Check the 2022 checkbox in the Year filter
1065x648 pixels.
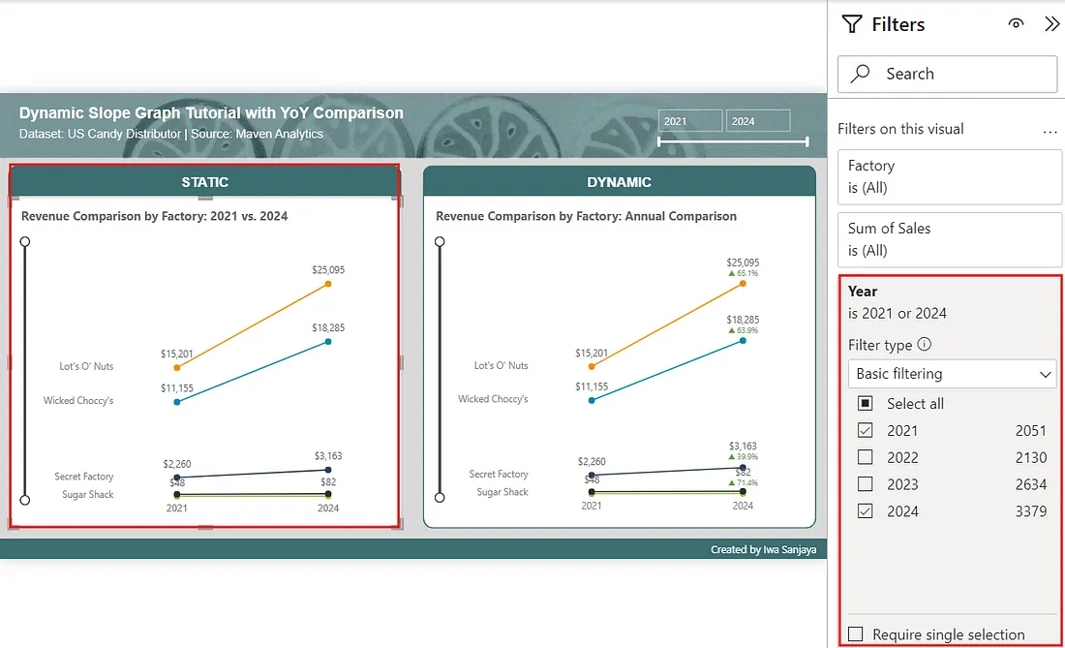(x=866, y=457)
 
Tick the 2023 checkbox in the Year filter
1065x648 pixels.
(x=866, y=484)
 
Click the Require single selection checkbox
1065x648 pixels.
(x=856, y=634)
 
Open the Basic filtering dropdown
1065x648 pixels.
(x=950, y=374)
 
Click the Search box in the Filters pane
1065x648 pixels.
(x=947, y=74)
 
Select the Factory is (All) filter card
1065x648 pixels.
(x=949, y=176)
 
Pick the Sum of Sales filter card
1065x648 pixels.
(x=949, y=239)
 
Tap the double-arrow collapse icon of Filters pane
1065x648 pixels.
(x=1051, y=24)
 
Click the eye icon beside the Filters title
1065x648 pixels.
(x=1016, y=24)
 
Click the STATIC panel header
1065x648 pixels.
(x=205, y=182)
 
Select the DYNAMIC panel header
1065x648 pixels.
(x=619, y=182)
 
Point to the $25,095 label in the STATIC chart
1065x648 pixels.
(x=327, y=270)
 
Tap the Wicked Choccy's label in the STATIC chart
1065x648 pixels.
(x=78, y=401)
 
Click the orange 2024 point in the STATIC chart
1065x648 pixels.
(x=328, y=284)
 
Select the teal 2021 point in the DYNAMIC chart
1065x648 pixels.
(x=592, y=399)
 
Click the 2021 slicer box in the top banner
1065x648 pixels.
(x=690, y=121)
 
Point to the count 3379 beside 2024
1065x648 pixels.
(x=1030, y=511)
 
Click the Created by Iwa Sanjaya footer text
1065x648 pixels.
(x=763, y=550)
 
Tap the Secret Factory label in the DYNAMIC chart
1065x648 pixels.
(x=499, y=475)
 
